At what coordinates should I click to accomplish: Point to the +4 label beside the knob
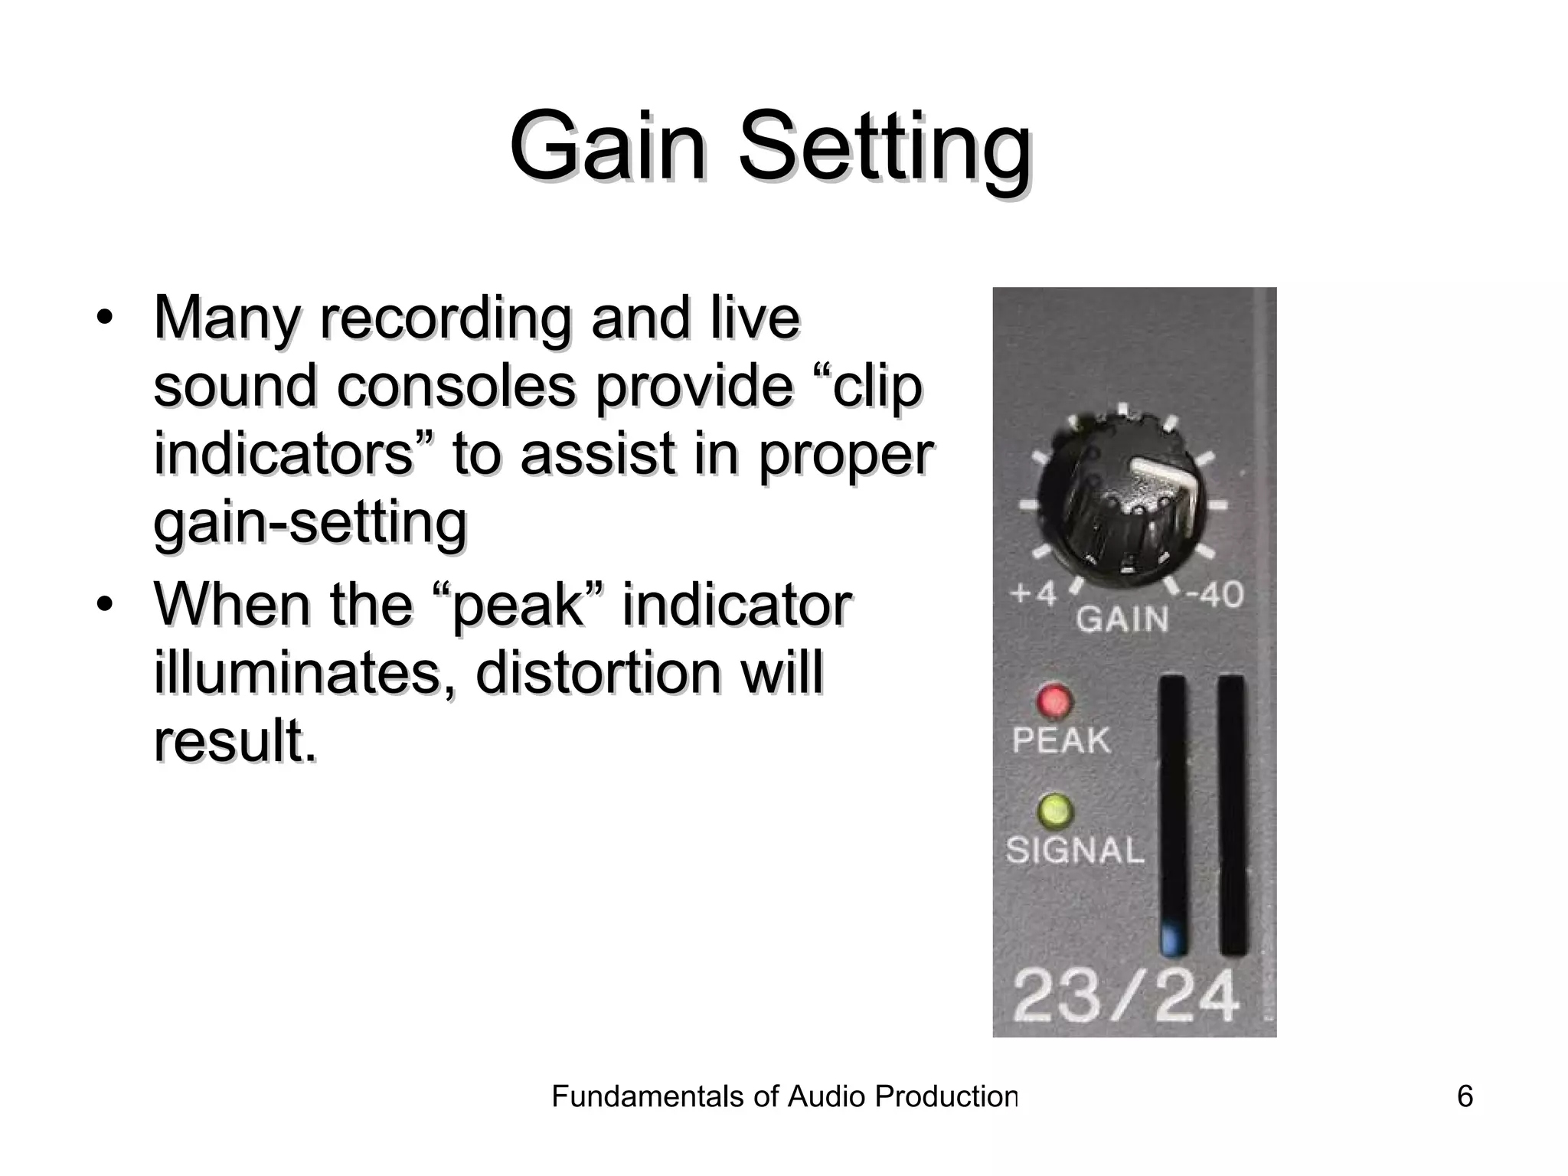click(1033, 593)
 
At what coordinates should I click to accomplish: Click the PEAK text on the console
click(1061, 740)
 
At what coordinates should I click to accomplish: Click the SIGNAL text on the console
click(1075, 851)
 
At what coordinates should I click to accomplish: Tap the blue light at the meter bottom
click(1171, 939)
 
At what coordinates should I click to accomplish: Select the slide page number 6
click(1465, 1096)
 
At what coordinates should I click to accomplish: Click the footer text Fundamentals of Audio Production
click(784, 1096)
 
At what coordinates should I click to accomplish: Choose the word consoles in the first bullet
click(456, 385)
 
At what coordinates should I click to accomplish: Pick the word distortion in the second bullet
click(598, 672)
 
